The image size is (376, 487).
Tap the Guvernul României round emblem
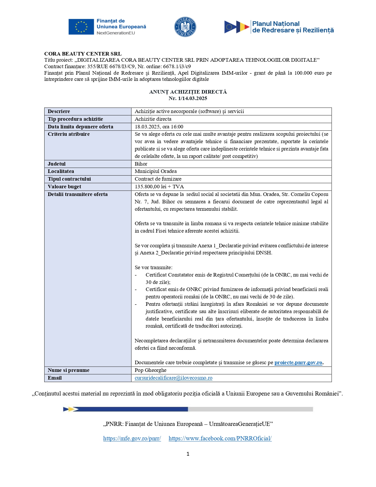185,27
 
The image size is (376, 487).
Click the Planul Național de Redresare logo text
293,27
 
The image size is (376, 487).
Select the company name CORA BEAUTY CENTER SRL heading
83,54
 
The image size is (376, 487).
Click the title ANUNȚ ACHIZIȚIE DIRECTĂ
188,92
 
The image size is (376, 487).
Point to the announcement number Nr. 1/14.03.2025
188,98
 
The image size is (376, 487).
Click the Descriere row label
59,111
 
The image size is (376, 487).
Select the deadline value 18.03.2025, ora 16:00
159,127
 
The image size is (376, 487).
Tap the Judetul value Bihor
141,164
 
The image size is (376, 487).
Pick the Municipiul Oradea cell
156,171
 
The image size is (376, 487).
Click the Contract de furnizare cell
158,179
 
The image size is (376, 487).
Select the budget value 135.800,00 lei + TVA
159,187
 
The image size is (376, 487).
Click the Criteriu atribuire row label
69,134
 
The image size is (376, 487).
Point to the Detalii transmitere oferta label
78,194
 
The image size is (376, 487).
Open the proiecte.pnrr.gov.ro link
298,362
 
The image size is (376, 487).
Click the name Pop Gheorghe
150,370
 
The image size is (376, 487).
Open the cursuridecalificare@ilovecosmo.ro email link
173,378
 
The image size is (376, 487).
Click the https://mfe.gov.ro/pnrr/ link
132,438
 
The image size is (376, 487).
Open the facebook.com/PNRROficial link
220,438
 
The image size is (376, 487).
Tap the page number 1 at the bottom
188,454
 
